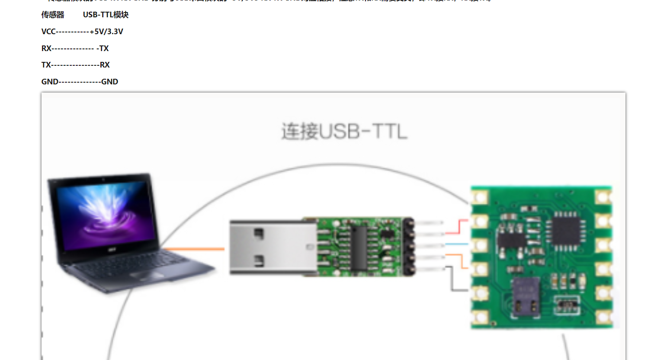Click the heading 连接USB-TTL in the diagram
pos(344,131)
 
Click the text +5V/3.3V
pos(106,32)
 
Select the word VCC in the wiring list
pos(48,32)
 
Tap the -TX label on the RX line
pos(103,48)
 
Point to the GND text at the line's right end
pos(109,82)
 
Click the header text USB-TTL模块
pos(106,15)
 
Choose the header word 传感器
pos(53,15)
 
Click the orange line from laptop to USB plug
pos(195,249)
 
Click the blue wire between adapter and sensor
pos(457,244)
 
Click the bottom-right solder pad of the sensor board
pos(603,318)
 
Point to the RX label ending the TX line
pos(105,65)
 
